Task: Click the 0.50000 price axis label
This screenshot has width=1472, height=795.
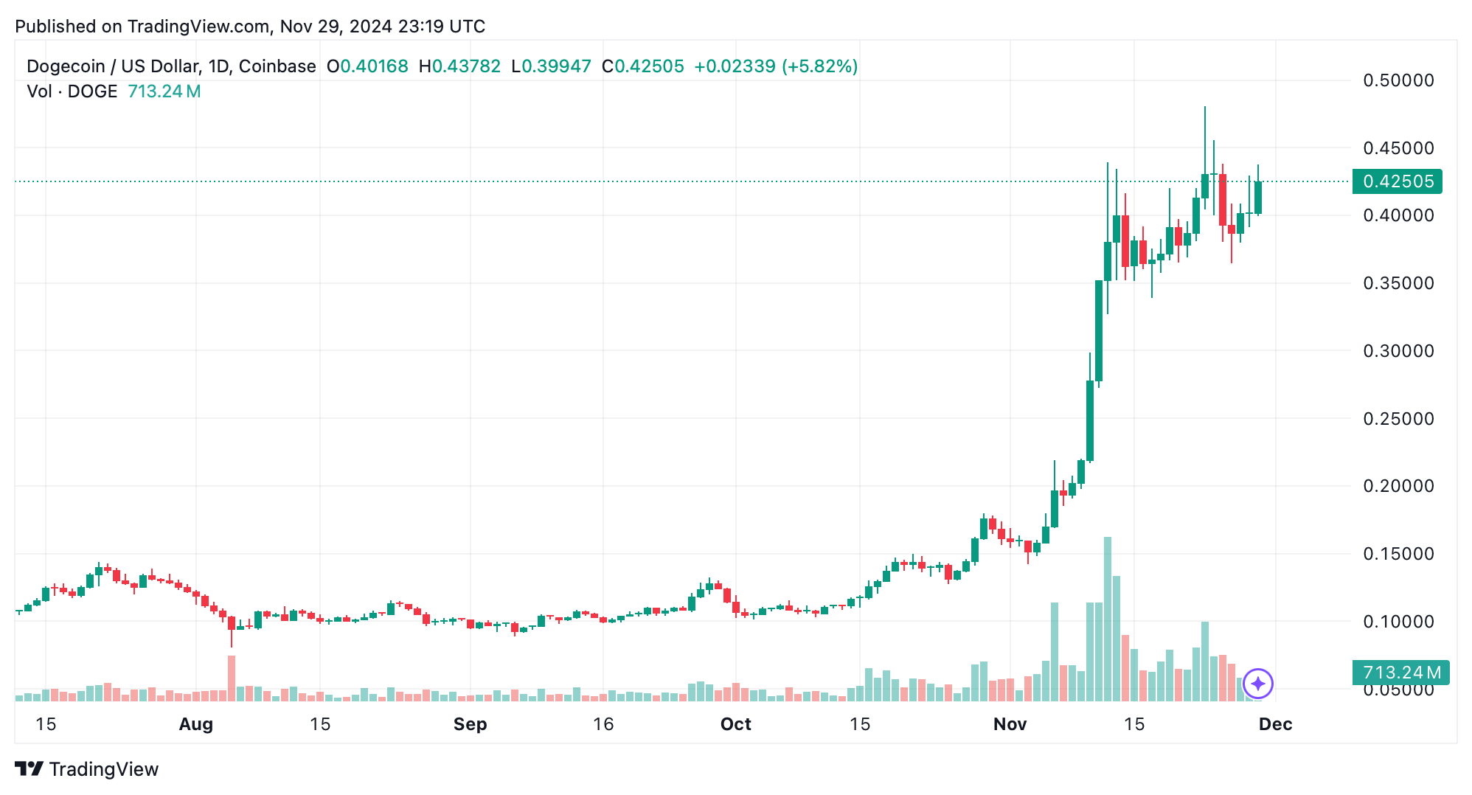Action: [x=1398, y=80]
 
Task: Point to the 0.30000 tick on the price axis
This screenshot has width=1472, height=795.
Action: [x=1398, y=351]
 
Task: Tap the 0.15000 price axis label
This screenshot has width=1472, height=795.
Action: [x=1398, y=554]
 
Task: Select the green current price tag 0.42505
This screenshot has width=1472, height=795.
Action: [x=1397, y=181]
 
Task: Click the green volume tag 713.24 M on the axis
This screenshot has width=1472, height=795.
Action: [x=1400, y=673]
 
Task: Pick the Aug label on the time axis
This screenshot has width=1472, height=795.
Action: [x=195, y=724]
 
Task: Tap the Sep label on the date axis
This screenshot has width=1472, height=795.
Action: [x=470, y=724]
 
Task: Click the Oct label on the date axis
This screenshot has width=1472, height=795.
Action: [x=735, y=724]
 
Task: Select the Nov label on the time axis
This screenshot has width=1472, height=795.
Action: [x=1010, y=724]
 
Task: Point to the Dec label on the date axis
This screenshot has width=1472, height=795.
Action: [x=1275, y=724]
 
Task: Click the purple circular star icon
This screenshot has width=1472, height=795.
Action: [x=1257, y=684]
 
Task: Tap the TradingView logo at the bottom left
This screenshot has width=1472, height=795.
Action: [x=87, y=769]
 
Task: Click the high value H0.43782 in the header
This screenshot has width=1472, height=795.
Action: [x=459, y=66]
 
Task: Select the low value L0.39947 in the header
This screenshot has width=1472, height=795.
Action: [x=551, y=66]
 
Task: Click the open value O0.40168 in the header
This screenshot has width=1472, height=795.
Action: [x=367, y=66]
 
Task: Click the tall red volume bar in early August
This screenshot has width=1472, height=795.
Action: [x=232, y=677]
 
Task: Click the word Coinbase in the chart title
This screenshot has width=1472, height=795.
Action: [x=277, y=66]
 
